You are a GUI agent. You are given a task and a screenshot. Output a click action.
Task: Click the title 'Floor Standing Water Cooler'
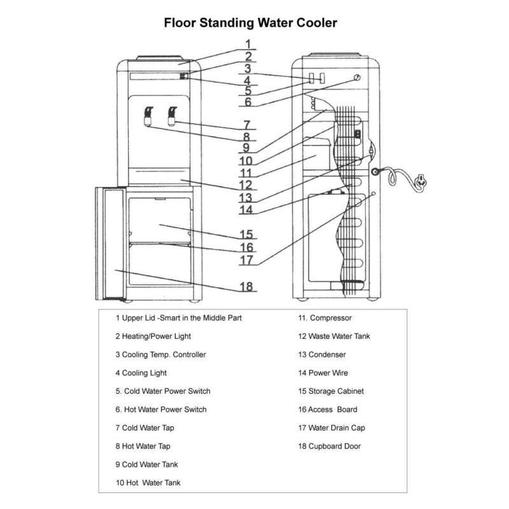click(251, 23)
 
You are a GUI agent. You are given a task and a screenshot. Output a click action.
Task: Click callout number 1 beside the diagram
click(248, 44)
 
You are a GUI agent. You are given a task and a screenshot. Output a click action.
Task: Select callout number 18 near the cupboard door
click(247, 286)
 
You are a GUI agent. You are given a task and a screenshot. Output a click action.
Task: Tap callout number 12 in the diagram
click(247, 185)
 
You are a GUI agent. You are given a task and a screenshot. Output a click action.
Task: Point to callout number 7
click(247, 125)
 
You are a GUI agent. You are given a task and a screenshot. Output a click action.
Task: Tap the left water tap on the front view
click(148, 115)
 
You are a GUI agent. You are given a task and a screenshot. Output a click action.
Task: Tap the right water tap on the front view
click(172, 115)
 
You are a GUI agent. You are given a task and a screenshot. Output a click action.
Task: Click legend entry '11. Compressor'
click(325, 317)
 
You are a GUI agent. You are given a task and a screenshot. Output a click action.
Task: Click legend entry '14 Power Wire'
click(323, 373)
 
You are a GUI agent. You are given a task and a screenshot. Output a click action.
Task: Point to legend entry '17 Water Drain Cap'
click(331, 428)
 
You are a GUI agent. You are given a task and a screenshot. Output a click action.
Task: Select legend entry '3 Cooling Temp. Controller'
click(160, 354)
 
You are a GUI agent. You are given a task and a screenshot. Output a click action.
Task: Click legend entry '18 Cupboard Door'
click(329, 447)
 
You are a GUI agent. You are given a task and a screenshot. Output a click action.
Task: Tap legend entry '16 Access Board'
click(327, 410)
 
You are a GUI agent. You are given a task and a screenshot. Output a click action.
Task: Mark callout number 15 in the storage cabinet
click(247, 234)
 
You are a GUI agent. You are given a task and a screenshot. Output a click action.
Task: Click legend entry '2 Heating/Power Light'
click(153, 336)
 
